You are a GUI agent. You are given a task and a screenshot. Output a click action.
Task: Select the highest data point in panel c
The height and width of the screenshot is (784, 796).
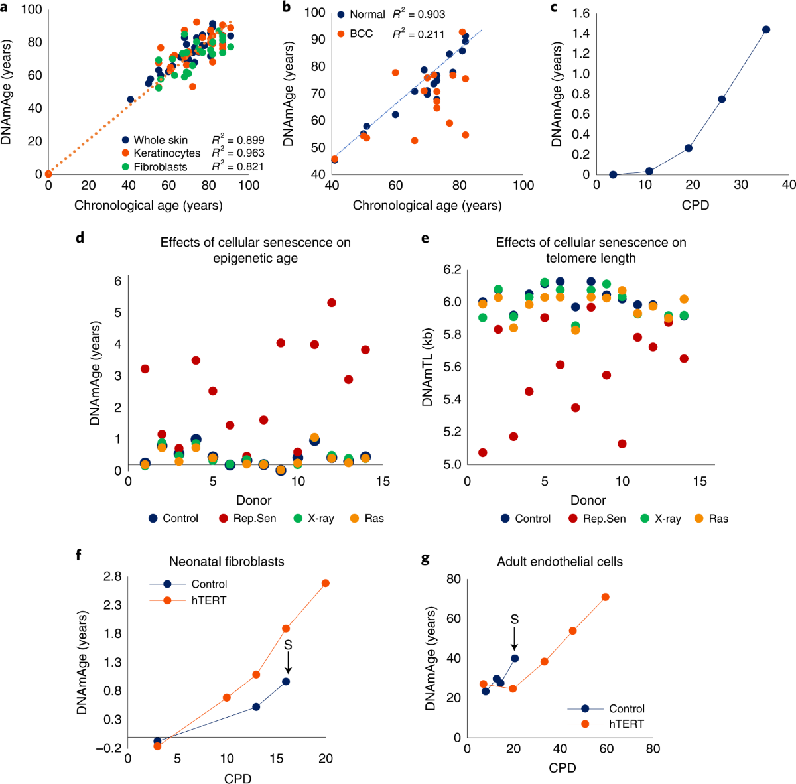766,29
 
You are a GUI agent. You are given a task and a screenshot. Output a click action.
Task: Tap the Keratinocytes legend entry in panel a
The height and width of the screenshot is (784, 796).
166,153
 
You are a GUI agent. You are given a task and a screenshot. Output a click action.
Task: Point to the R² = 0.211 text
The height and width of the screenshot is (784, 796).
418,34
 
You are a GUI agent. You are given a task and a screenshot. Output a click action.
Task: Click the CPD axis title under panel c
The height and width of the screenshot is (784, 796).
695,205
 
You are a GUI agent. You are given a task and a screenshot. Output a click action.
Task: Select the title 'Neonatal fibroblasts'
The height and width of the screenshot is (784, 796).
226,562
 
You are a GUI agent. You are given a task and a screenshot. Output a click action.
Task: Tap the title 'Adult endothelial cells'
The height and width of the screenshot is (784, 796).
560,562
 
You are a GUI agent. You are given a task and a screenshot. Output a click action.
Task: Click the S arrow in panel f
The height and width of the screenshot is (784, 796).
287,659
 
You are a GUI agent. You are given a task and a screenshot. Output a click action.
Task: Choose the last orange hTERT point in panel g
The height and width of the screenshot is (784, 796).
605,597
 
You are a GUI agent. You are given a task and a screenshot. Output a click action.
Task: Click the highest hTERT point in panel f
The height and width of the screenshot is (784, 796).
326,583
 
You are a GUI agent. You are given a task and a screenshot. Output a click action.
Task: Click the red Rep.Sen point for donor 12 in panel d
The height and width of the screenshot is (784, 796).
332,302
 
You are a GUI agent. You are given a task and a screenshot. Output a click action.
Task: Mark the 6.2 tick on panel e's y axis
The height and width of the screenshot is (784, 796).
453,269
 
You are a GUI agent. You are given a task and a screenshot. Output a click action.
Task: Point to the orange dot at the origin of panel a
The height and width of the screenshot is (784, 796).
48,174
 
